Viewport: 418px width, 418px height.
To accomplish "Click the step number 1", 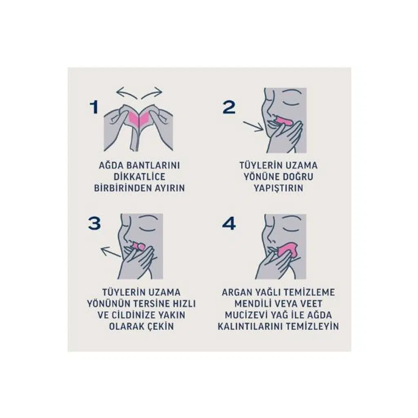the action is [94, 107].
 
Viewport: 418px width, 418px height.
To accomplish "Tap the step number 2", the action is [229, 107].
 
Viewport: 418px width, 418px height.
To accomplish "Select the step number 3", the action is [95, 223].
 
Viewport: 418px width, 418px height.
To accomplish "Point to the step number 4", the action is [229, 223].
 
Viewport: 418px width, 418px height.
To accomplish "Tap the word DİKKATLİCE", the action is [140, 177].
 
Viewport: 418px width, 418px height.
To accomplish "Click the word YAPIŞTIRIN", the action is [278, 188].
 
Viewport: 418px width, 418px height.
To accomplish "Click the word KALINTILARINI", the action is [252, 327].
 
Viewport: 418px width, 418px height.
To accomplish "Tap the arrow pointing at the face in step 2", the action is [253, 127].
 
